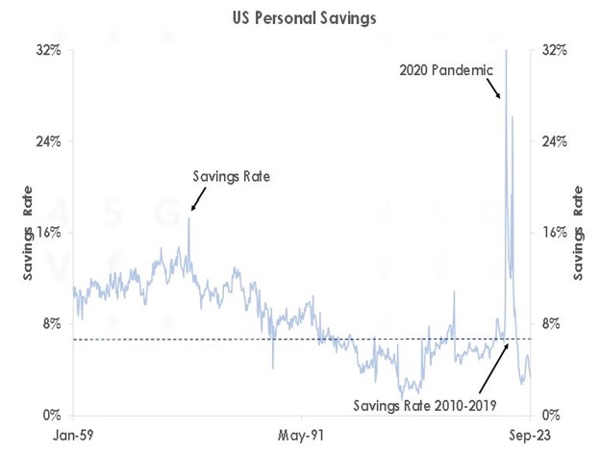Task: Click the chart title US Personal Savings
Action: tap(300, 17)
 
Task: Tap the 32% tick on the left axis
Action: tap(50, 50)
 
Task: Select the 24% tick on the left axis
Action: tap(50, 141)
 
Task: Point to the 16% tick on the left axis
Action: tap(50, 233)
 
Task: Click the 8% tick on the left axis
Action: tap(53, 324)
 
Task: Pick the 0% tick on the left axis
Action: tap(53, 416)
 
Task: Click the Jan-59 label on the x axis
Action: tap(74, 435)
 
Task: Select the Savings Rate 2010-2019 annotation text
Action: tap(424, 404)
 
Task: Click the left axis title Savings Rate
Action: tap(29, 233)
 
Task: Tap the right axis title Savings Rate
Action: tap(580, 233)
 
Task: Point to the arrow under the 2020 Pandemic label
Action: tap(492, 88)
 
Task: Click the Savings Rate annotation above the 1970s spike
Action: tap(231, 176)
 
